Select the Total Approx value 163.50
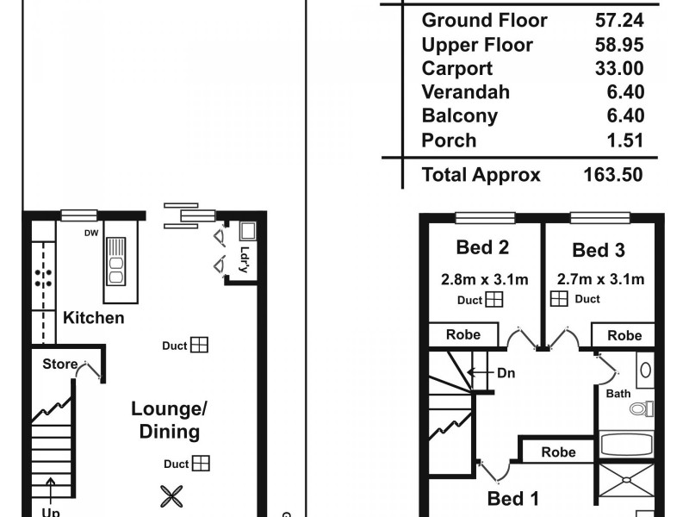point(612,175)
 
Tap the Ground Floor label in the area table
point(484,20)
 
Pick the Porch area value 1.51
point(624,140)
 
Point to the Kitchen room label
point(94,318)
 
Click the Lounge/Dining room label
point(170,420)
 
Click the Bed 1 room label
point(513,498)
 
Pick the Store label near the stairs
point(59,364)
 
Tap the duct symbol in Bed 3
point(559,299)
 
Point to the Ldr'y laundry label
point(245,260)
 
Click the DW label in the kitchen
point(90,233)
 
